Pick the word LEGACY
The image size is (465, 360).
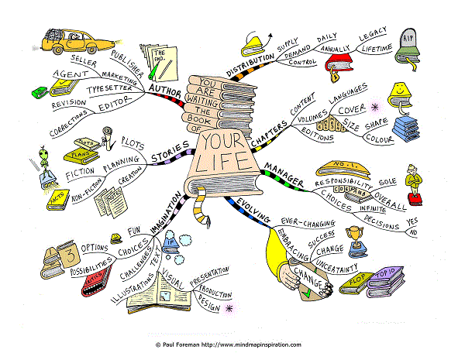(x=373, y=36)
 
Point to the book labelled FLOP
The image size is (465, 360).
(x=355, y=282)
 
